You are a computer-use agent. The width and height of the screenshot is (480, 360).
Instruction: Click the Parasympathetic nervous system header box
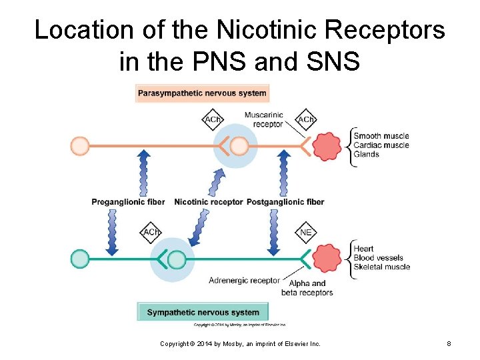click(202, 93)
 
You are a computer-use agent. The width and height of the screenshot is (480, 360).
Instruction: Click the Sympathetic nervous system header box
click(203, 312)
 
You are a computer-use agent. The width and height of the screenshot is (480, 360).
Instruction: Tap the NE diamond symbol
click(306, 233)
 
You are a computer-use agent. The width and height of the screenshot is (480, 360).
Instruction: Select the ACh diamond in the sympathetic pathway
click(151, 233)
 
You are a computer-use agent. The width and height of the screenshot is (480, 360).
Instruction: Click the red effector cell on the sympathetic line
click(327, 258)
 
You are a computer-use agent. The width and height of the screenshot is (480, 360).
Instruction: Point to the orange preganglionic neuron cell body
click(80, 145)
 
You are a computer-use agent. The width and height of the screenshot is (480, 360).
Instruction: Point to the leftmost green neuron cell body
click(80, 258)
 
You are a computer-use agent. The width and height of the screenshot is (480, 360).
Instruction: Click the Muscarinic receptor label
click(263, 119)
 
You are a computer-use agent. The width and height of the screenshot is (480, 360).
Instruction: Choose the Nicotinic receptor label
click(208, 201)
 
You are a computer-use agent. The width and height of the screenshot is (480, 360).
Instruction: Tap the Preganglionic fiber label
click(129, 201)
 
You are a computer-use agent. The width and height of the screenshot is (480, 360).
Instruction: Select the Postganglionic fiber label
click(285, 201)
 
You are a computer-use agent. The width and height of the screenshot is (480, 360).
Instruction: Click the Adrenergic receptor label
click(245, 281)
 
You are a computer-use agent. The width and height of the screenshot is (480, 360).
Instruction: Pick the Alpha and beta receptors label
click(307, 288)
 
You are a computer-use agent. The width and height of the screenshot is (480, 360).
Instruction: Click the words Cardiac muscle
click(381, 145)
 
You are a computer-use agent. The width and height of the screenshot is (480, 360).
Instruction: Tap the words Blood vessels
click(378, 258)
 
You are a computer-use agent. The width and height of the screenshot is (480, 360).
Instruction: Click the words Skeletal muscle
click(381, 267)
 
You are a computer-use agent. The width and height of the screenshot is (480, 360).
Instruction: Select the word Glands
click(366, 155)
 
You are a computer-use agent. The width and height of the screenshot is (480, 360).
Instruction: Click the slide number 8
click(449, 344)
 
